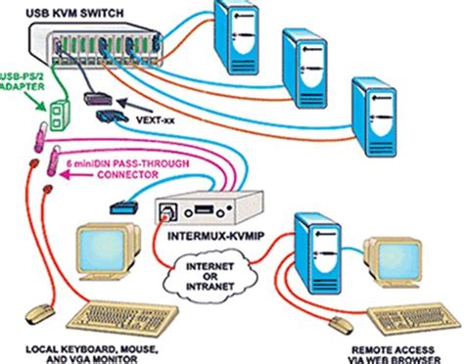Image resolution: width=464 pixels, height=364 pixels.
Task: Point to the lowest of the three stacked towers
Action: [377, 113]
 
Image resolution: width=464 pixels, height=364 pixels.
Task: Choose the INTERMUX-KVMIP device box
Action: [200, 205]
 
